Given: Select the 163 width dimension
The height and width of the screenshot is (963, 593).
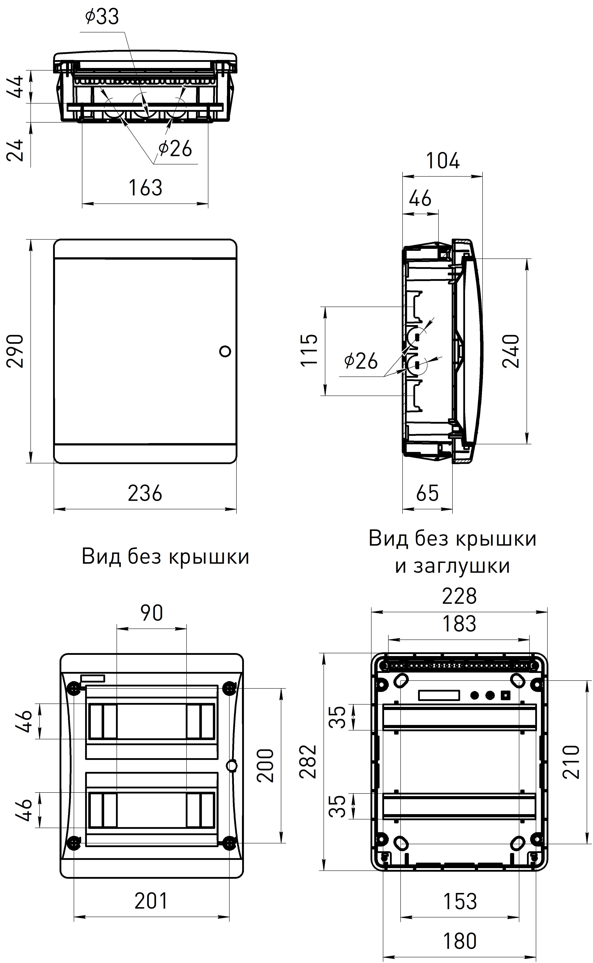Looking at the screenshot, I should click(x=145, y=188).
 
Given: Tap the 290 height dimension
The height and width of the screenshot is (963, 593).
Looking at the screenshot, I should click(x=16, y=351).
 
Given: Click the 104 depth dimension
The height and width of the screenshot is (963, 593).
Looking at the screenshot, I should click(x=443, y=161).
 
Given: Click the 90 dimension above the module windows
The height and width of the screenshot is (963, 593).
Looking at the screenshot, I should click(x=152, y=613).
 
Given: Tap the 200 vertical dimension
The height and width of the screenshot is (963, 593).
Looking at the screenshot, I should click(x=266, y=766).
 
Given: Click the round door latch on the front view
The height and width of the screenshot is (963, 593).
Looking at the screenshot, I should click(x=225, y=351).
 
